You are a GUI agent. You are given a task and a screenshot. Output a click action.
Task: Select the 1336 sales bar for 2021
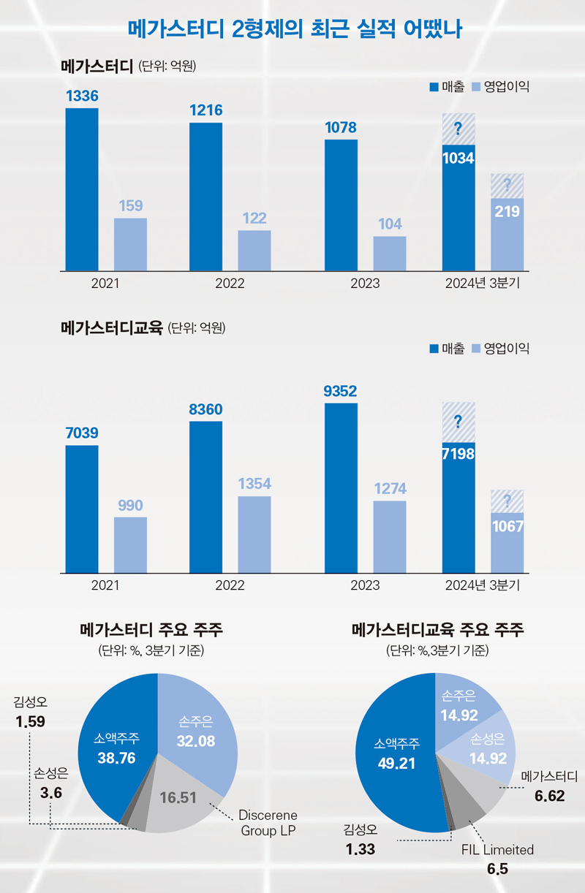pos(82,190)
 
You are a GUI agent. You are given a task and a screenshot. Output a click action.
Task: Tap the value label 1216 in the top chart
pos(205,110)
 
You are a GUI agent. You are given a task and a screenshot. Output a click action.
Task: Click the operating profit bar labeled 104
pos(389,253)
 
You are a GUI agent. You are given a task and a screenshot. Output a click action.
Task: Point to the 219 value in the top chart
pos(507,211)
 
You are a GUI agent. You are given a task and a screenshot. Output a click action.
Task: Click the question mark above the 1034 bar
pos(458,130)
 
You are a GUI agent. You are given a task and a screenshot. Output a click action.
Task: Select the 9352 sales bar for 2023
pos(341,487)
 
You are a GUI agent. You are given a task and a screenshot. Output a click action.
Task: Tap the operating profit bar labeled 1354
pos(254,534)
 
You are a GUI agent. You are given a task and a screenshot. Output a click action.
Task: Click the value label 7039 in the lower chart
pos(82,433)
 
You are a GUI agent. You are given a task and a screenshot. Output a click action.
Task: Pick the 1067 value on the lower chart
pos(507,526)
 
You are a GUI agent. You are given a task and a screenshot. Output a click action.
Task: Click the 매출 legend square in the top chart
pos(434,87)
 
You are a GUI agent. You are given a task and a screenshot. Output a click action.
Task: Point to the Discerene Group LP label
pos(268,822)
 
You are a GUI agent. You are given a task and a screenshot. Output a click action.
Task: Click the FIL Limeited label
pos(497,850)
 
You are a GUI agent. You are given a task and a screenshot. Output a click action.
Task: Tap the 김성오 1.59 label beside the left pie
pos(30,712)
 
